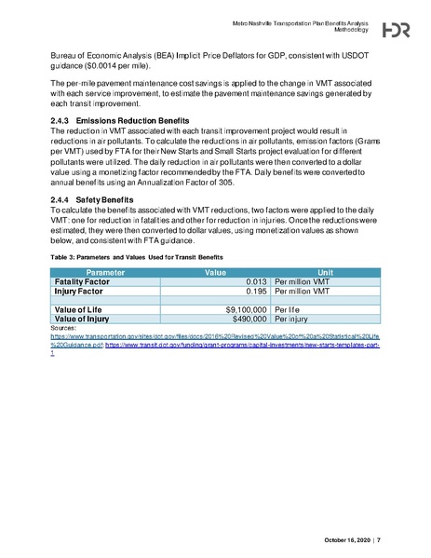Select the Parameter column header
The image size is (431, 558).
click(x=88, y=272)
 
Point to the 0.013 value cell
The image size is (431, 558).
click(x=257, y=281)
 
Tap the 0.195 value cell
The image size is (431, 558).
click(x=257, y=291)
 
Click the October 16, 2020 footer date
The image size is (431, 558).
click(x=344, y=538)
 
